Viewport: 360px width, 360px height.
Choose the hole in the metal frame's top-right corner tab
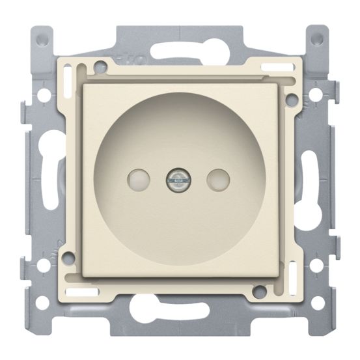tap(317, 38)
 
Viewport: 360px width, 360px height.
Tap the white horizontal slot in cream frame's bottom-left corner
tap(81, 290)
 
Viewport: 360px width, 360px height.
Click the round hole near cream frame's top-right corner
tap(292, 100)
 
